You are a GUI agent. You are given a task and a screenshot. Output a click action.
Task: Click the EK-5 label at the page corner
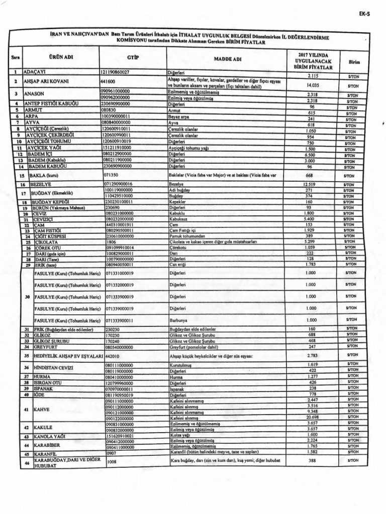(364, 14)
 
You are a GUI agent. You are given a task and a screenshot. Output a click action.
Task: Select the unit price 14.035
(313, 85)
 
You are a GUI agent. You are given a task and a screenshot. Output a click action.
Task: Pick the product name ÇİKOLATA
(46, 242)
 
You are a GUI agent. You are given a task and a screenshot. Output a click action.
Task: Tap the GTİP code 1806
(110, 242)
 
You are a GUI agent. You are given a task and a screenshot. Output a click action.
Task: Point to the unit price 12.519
(313, 185)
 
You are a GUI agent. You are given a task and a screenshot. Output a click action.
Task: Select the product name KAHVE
(42, 410)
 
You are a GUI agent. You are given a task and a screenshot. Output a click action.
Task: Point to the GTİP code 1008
(112, 461)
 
